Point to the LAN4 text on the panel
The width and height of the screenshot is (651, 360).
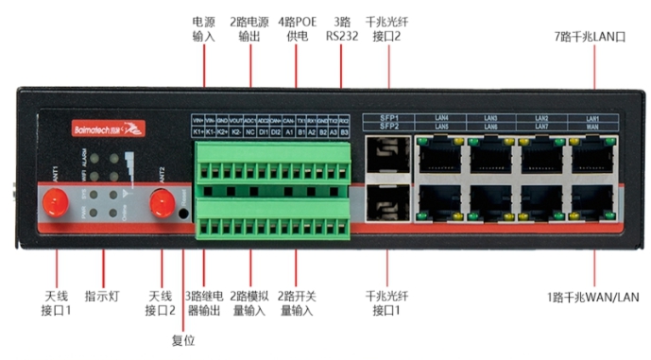[440, 118]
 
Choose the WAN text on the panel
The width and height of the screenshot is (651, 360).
[592, 127]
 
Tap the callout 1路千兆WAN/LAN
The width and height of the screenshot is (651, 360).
[593, 297]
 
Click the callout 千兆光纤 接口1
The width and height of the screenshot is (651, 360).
[385, 303]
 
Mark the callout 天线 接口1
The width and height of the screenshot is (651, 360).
[55, 303]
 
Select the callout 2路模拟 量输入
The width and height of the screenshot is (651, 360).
[250, 303]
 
